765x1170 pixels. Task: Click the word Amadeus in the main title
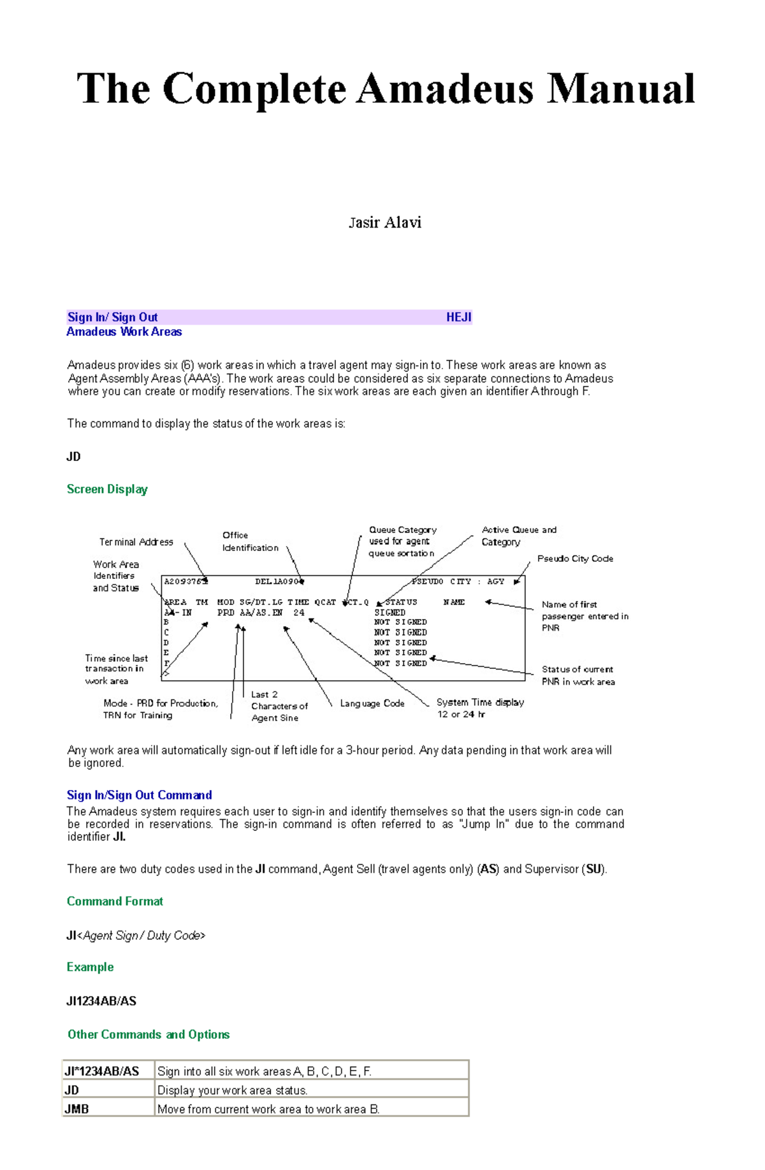click(x=444, y=89)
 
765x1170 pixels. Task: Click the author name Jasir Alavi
click(x=384, y=223)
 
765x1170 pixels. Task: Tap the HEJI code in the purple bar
click(x=458, y=318)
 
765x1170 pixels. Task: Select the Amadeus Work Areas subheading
click(x=124, y=332)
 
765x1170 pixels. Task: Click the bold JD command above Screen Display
click(x=73, y=457)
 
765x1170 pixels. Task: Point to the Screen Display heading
click(x=107, y=489)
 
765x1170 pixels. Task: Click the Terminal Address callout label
click(x=136, y=542)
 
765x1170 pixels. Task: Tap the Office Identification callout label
click(x=250, y=541)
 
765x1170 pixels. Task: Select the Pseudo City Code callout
click(x=574, y=559)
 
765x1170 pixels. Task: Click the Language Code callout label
click(x=372, y=703)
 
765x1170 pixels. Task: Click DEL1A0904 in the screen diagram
click(x=279, y=581)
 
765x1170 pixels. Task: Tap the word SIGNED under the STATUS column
click(x=390, y=612)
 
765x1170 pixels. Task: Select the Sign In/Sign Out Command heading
click(x=139, y=795)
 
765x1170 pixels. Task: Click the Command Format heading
click(x=115, y=901)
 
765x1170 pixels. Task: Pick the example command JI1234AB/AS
click(x=101, y=1001)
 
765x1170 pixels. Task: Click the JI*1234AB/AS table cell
click(x=102, y=1071)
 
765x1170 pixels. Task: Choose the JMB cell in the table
click(x=76, y=1109)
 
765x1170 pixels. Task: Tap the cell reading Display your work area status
click(x=233, y=1090)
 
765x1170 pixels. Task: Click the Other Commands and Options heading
click(x=149, y=1034)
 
